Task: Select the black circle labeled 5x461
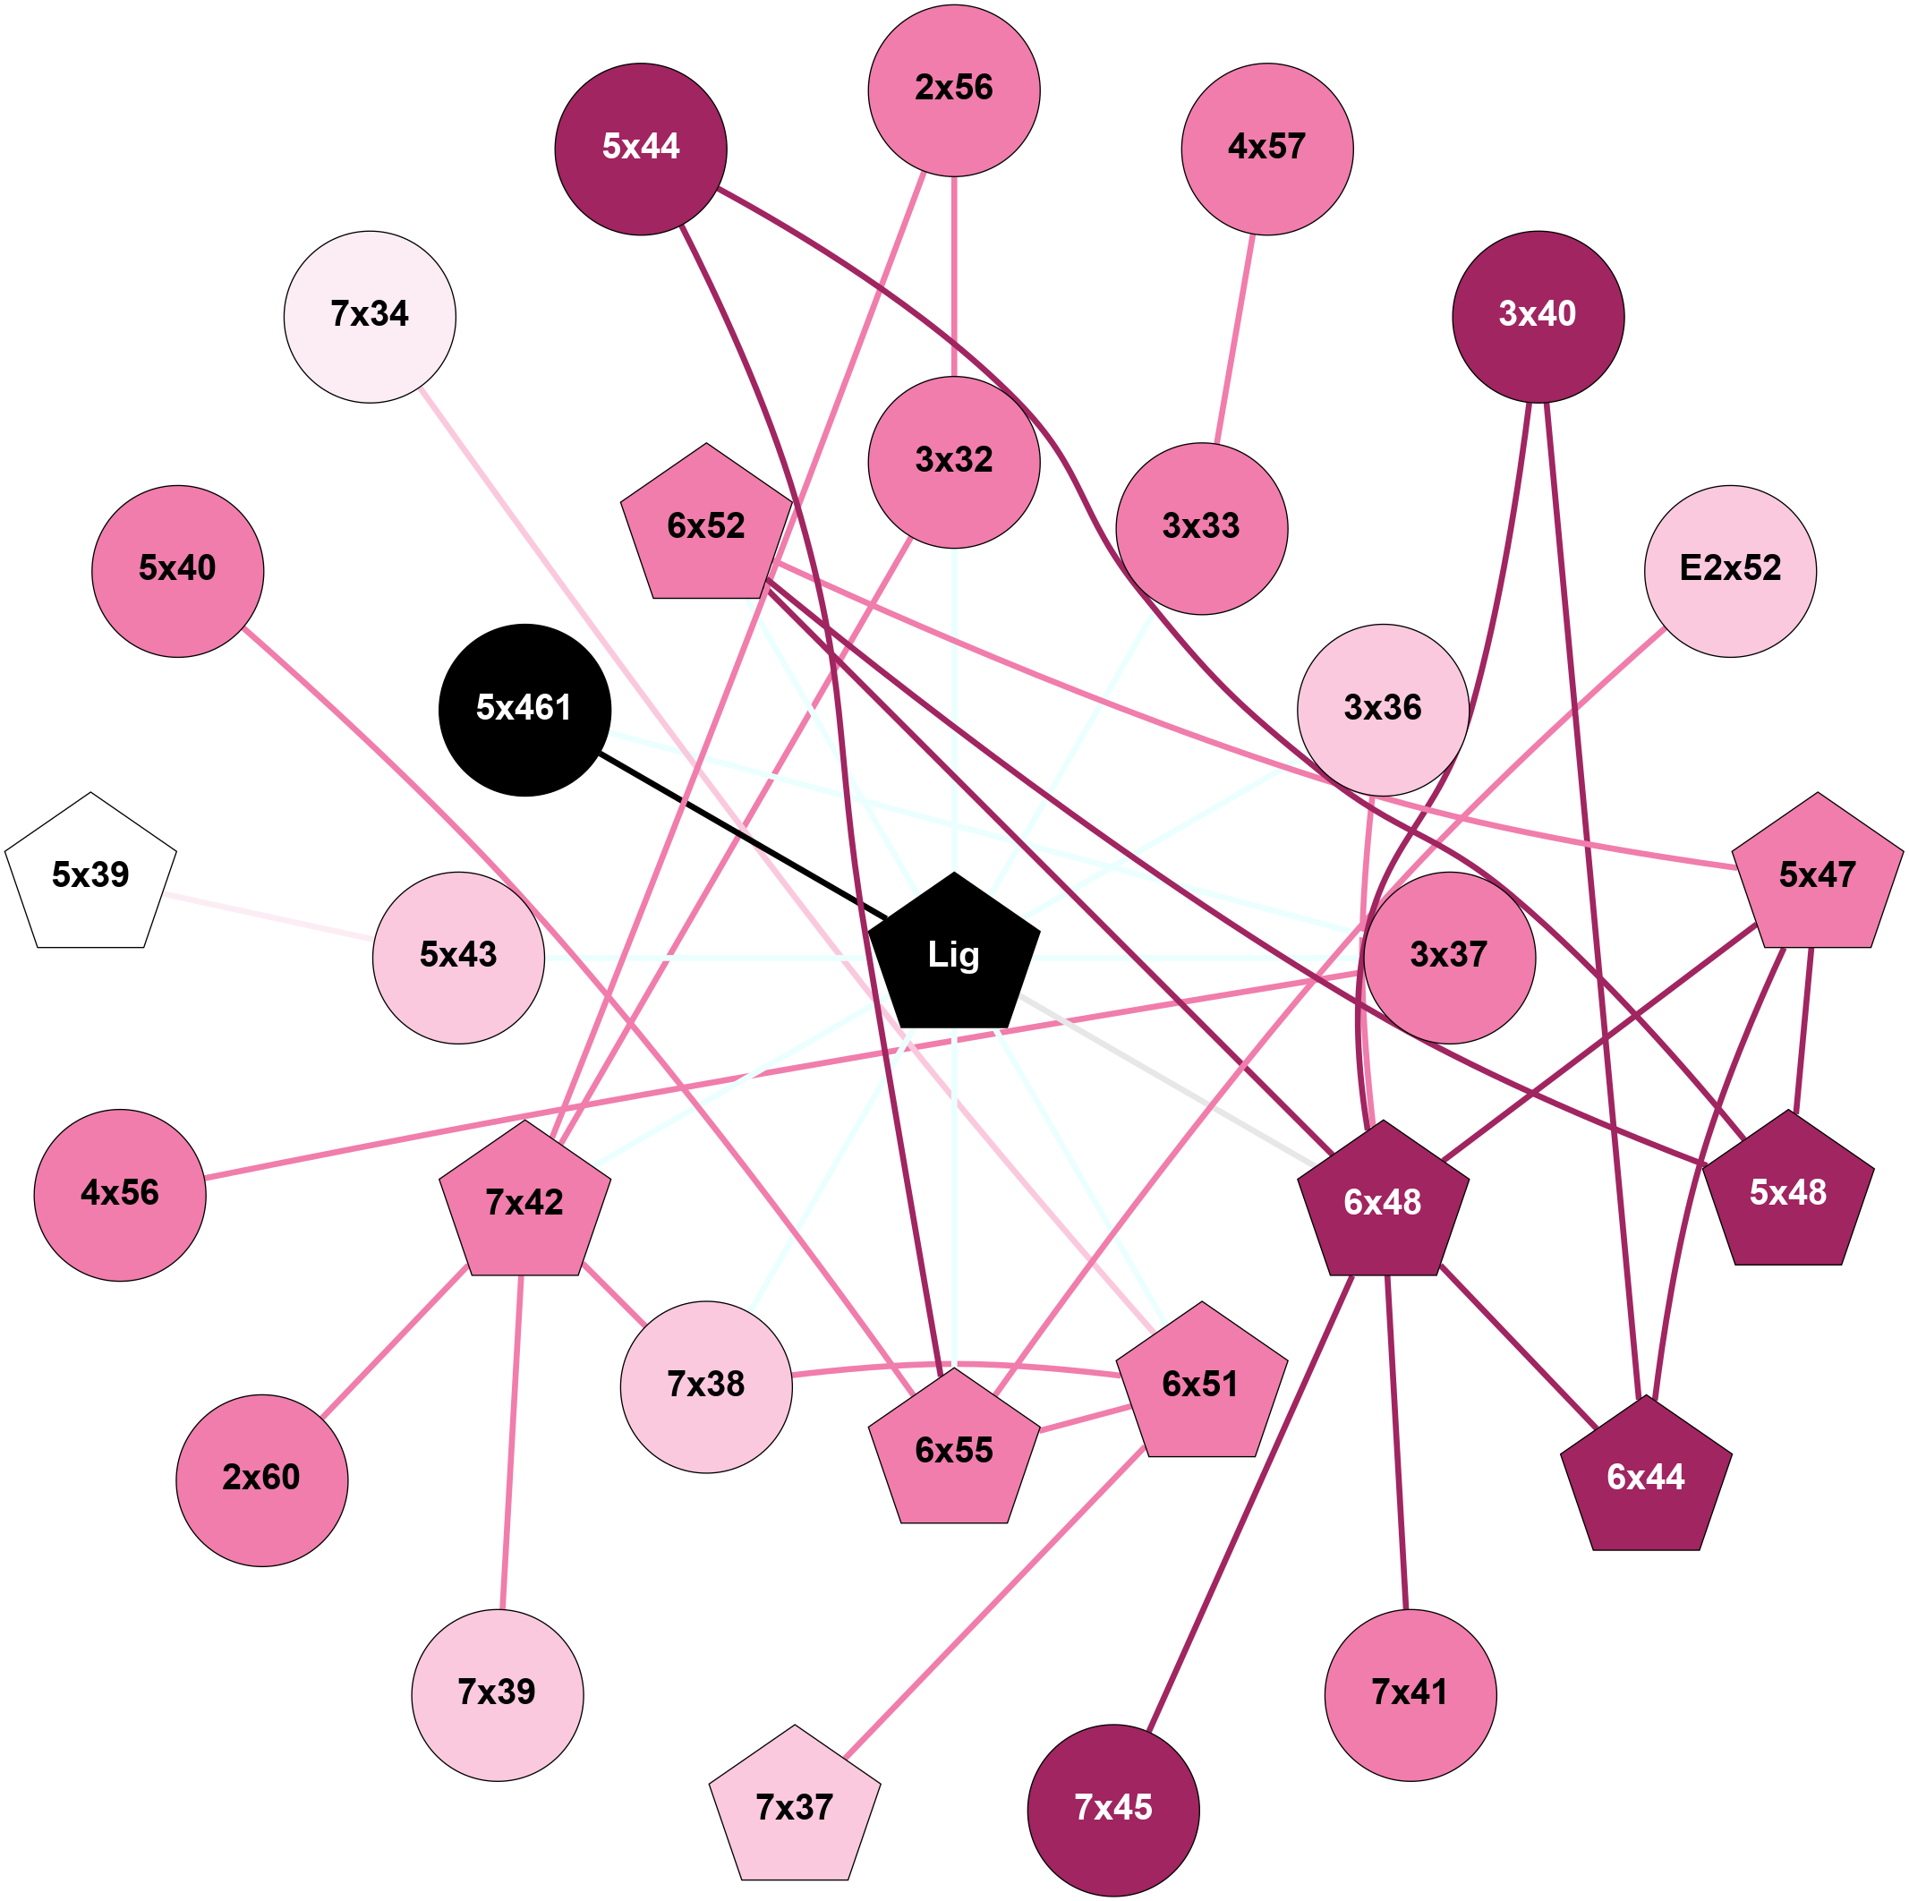524,710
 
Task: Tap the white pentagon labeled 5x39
91,875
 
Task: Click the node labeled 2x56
953,90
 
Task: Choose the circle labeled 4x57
1266,149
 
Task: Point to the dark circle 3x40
1538,316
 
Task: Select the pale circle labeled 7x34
370,316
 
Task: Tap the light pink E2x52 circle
1730,570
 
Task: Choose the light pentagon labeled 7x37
795,1807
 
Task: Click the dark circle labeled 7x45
1113,1809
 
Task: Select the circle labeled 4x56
121,1195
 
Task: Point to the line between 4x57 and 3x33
1235,339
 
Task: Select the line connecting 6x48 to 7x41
1396,1443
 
